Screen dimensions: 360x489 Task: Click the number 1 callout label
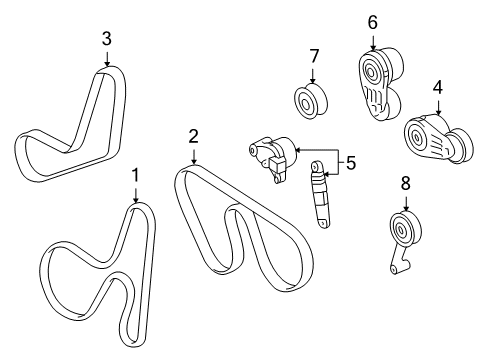pos(136,176)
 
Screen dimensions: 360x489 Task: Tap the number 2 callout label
pos(194,135)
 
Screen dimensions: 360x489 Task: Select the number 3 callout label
pos(106,39)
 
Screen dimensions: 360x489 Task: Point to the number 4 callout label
pos(437,89)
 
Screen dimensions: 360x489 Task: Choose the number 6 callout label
pos(373,21)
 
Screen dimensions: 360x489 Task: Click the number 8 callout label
pos(404,185)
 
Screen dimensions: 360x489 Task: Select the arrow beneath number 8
pos(404,205)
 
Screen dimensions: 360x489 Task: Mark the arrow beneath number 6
pos(373,40)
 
